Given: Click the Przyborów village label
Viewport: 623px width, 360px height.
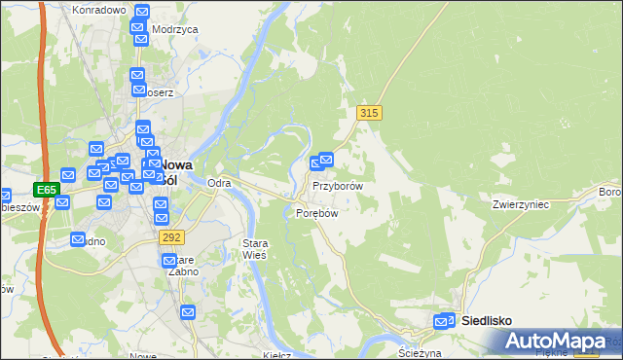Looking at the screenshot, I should pyautogui.click(x=338, y=185).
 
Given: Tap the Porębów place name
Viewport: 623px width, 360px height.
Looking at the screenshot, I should pyautogui.click(x=315, y=213).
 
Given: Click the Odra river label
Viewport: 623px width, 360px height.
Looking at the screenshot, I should pyautogui.click(x=219, y=183).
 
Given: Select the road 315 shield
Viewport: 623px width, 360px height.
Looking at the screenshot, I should pyautogui.click(x=368, y=114).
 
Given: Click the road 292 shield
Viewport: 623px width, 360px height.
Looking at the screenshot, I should pyautogui.click(x=171, y=236).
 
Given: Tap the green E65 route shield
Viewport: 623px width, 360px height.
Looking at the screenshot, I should pyautogui.click(x=46, y=189).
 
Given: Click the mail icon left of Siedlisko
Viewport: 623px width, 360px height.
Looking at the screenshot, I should pyautogui.click(x=444, y=321).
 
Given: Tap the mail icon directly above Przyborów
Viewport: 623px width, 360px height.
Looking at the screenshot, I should pyautogui.click(x=326, y=160).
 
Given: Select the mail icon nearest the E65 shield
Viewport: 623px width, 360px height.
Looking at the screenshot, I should pyautogui.click(x=63, y=202).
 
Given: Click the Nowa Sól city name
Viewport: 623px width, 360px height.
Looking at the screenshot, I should pyautogui.click(x=173, y=171).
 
